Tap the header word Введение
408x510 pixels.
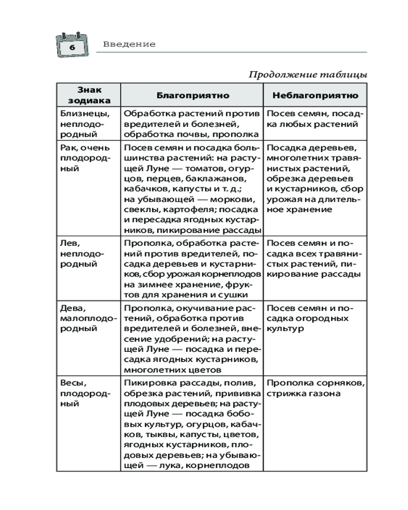[x=129, y=44]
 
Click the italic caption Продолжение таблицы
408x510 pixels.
[x=308, y=75]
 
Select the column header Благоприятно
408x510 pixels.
[x=192, y=95]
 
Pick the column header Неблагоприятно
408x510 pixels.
[x=315, y=95]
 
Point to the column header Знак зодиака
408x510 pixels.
[x=88, y=95]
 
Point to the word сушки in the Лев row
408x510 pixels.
[x=230, y=295]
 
